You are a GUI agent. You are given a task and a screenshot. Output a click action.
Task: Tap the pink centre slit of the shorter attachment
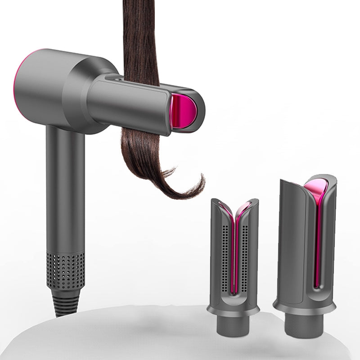(234, 252)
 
